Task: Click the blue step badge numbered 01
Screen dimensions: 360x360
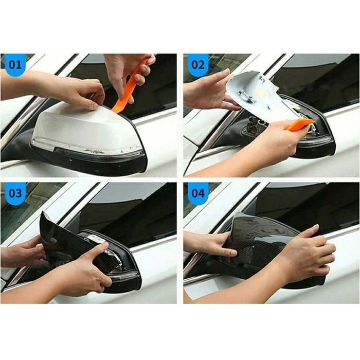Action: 15,65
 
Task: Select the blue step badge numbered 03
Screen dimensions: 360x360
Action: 15,193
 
